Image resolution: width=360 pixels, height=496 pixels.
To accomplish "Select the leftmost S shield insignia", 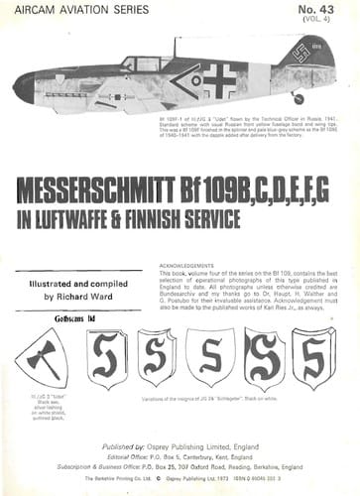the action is click(x=106, y=358).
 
